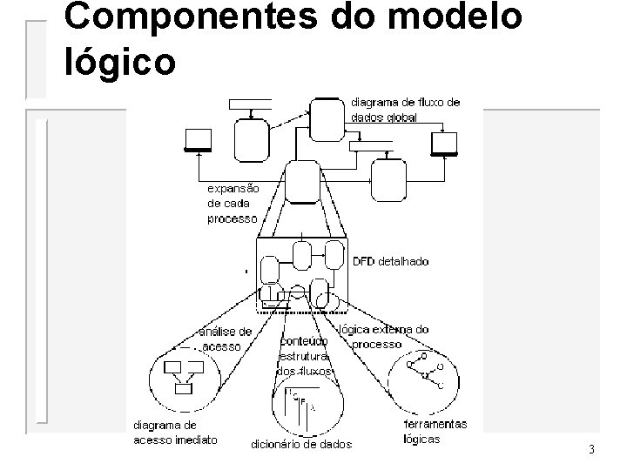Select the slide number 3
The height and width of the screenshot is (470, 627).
tap(591, 450)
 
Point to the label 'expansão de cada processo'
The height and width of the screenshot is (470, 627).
tap(233, 204)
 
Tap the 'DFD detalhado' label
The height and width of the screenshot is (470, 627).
tap(390, 261)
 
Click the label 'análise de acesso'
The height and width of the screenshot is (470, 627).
tap(226, 339)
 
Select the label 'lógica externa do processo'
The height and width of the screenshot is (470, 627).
tap(383, 337)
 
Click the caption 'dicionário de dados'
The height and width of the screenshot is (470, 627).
tap(301, 445)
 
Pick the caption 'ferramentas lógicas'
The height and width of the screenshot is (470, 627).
tap(435, 432)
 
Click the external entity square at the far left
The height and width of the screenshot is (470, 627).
tap(198, 139)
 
